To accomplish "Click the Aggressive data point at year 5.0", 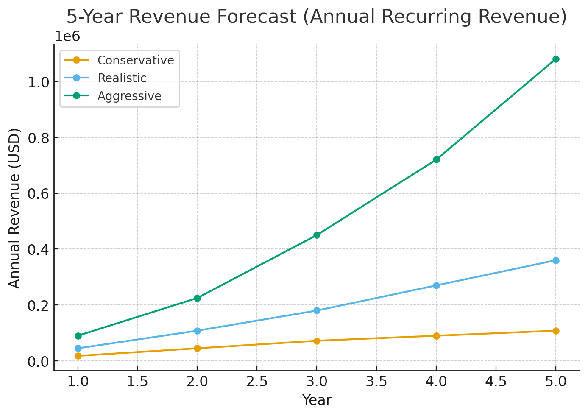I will (555, 59).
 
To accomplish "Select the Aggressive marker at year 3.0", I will (317, 235).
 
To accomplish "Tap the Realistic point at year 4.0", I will (436, 285).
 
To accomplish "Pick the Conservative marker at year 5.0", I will (555, 331).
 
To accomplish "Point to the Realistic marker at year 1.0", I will (78, 348).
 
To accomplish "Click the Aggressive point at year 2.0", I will (197, 298).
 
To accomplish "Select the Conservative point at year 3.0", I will (317, 341).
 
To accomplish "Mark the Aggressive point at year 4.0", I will (436, 159).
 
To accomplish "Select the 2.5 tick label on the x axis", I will (257, 382).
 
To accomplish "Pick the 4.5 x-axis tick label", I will (496, 382).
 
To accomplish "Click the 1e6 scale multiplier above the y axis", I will (67, 36).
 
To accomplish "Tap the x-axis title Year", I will (317, 400).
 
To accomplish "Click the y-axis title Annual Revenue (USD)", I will (15, 208).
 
